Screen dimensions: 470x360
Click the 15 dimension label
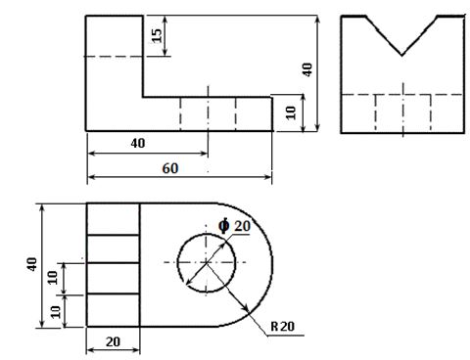pyautogui.click(x=158, y=35)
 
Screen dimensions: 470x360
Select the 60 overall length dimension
pyautogui.click(x=170, y=168)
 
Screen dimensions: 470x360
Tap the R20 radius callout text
pyautogui.click(x=282, y=326)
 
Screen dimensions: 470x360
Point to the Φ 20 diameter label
pyautogui.click(x=235, y=226)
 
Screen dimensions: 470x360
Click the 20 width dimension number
pyautogui.click(x=113, y=341)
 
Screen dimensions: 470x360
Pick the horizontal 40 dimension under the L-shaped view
pyautogui.click(x=138, y=143)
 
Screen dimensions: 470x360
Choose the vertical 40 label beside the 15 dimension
pyautogui.click(x=307, y=69)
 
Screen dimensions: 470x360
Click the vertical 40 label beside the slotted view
pyautogui.click(x=32, y=264)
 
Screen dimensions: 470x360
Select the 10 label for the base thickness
pyautogui.click(x=291, y=112)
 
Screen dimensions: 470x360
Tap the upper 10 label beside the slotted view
pyautogui.click(x=53, y=278)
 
